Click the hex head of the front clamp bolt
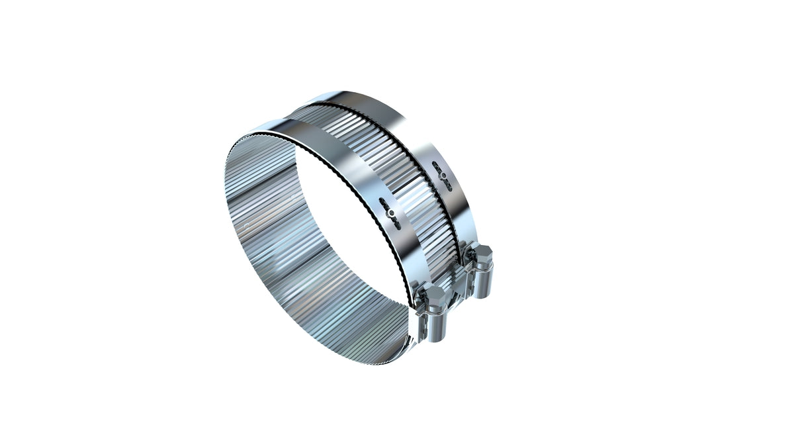[433, 295]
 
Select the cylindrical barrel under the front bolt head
[434, 324]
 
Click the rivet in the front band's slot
[391, 213]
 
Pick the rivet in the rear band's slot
[441, 175]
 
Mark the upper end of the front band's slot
[384, 199]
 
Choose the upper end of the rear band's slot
[434, 162]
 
